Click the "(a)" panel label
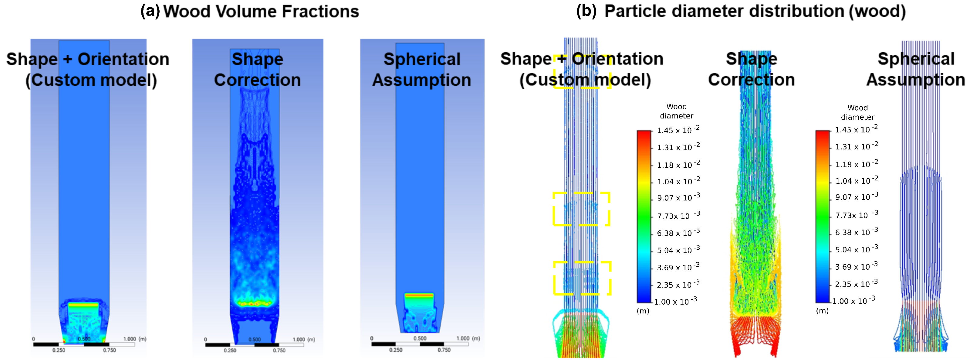[150, 11]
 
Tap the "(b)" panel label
[586, 11]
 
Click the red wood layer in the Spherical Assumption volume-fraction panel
[419, 294]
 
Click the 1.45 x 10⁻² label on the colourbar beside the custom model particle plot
[678, 130]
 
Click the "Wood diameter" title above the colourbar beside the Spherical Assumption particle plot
[857, 112]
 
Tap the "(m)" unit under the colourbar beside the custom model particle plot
[643, 311]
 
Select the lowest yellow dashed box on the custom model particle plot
[582, 278]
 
